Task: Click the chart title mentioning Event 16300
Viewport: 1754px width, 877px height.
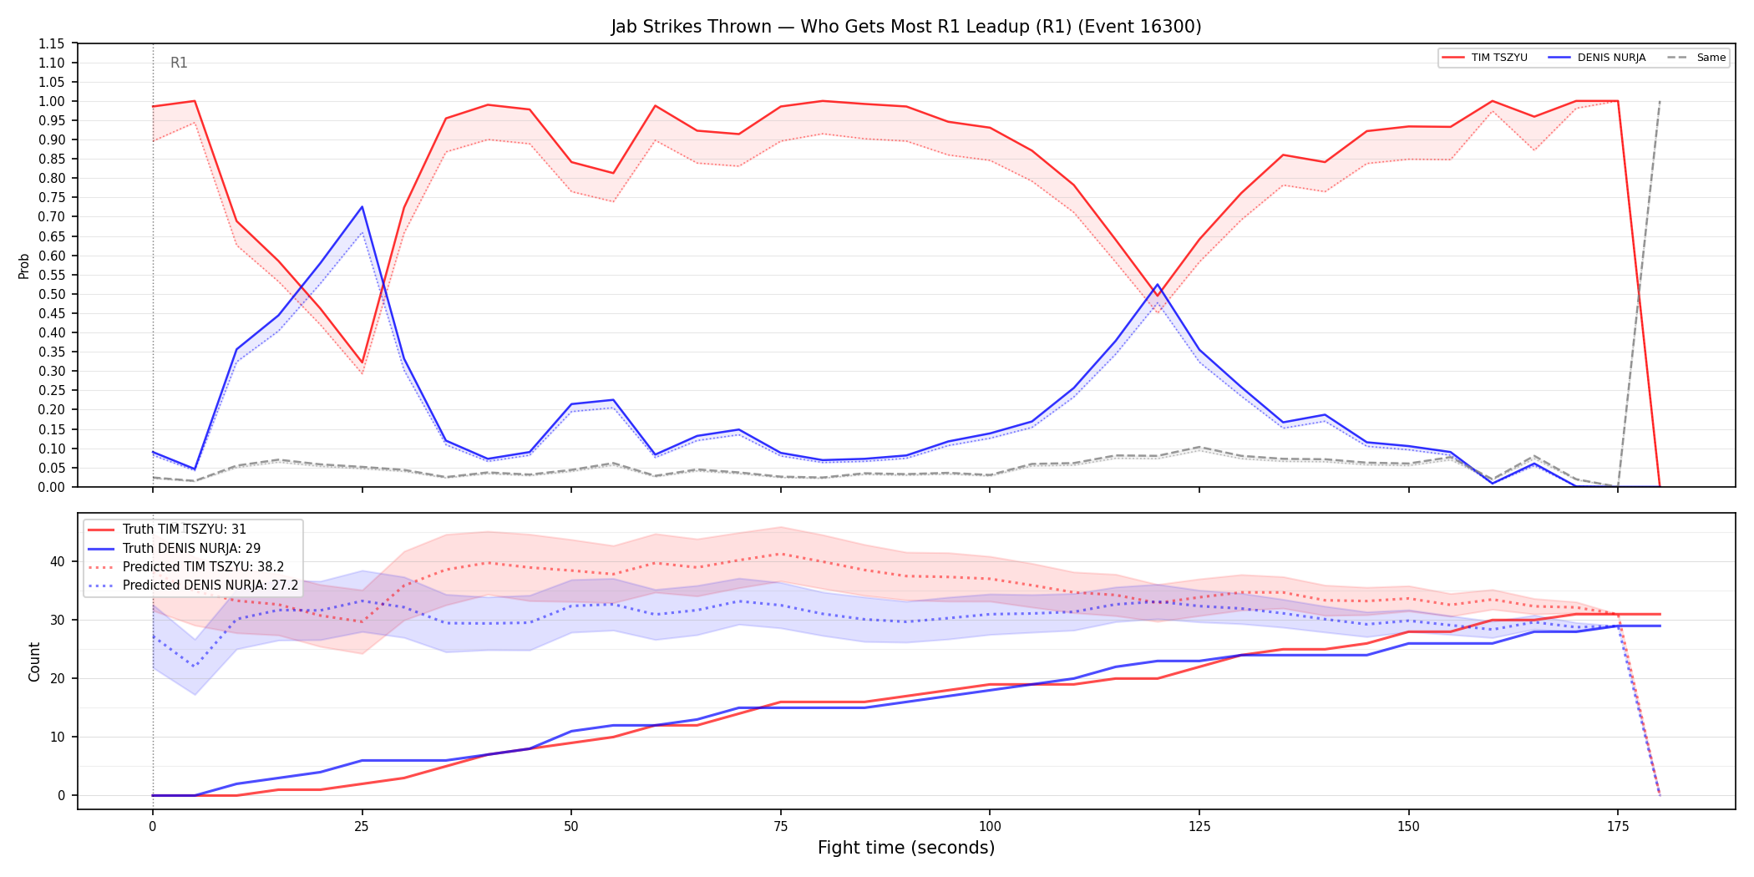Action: coord(906,27)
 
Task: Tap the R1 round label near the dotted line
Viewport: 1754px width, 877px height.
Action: coord(179,63)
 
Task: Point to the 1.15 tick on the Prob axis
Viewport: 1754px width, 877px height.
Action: coord(52,43)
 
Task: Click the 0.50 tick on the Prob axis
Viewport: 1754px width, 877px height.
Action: coord(52,294)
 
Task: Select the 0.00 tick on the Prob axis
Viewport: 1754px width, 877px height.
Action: coord(52,487)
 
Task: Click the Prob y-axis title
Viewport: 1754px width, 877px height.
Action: coord(24,266)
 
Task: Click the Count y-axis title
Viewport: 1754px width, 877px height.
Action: coord(34,662)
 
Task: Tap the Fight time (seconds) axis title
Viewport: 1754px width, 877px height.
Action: coord(906,848)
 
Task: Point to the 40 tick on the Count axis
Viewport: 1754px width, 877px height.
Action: coord(57,561)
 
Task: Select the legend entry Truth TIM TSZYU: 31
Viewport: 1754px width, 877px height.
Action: coord(185,530)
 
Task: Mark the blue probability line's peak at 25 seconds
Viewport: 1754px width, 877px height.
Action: coord(362,207)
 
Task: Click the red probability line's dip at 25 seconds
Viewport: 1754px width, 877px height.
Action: coord(362,362)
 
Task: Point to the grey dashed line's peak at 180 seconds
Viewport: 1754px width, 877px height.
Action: coord(1660,101)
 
